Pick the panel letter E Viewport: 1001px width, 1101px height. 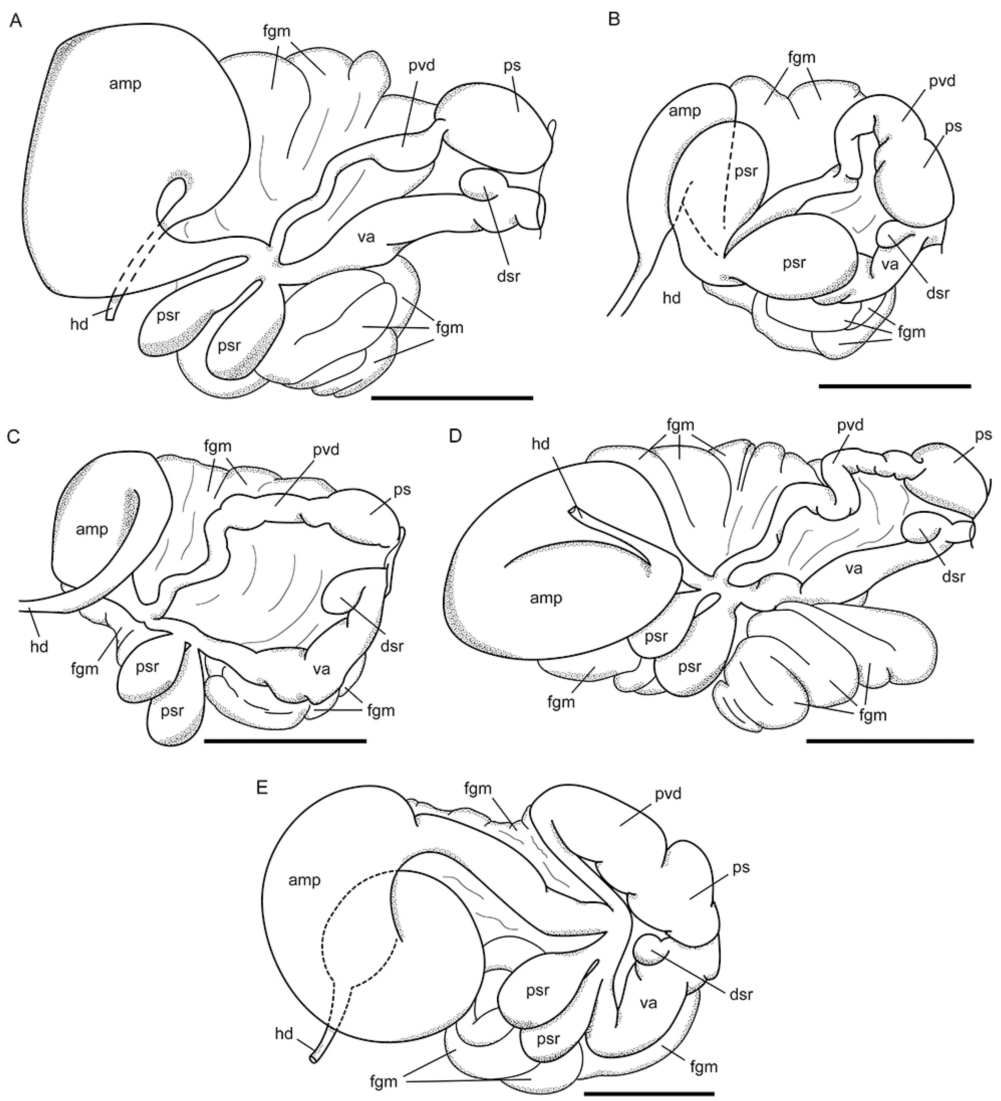(262, 789)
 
